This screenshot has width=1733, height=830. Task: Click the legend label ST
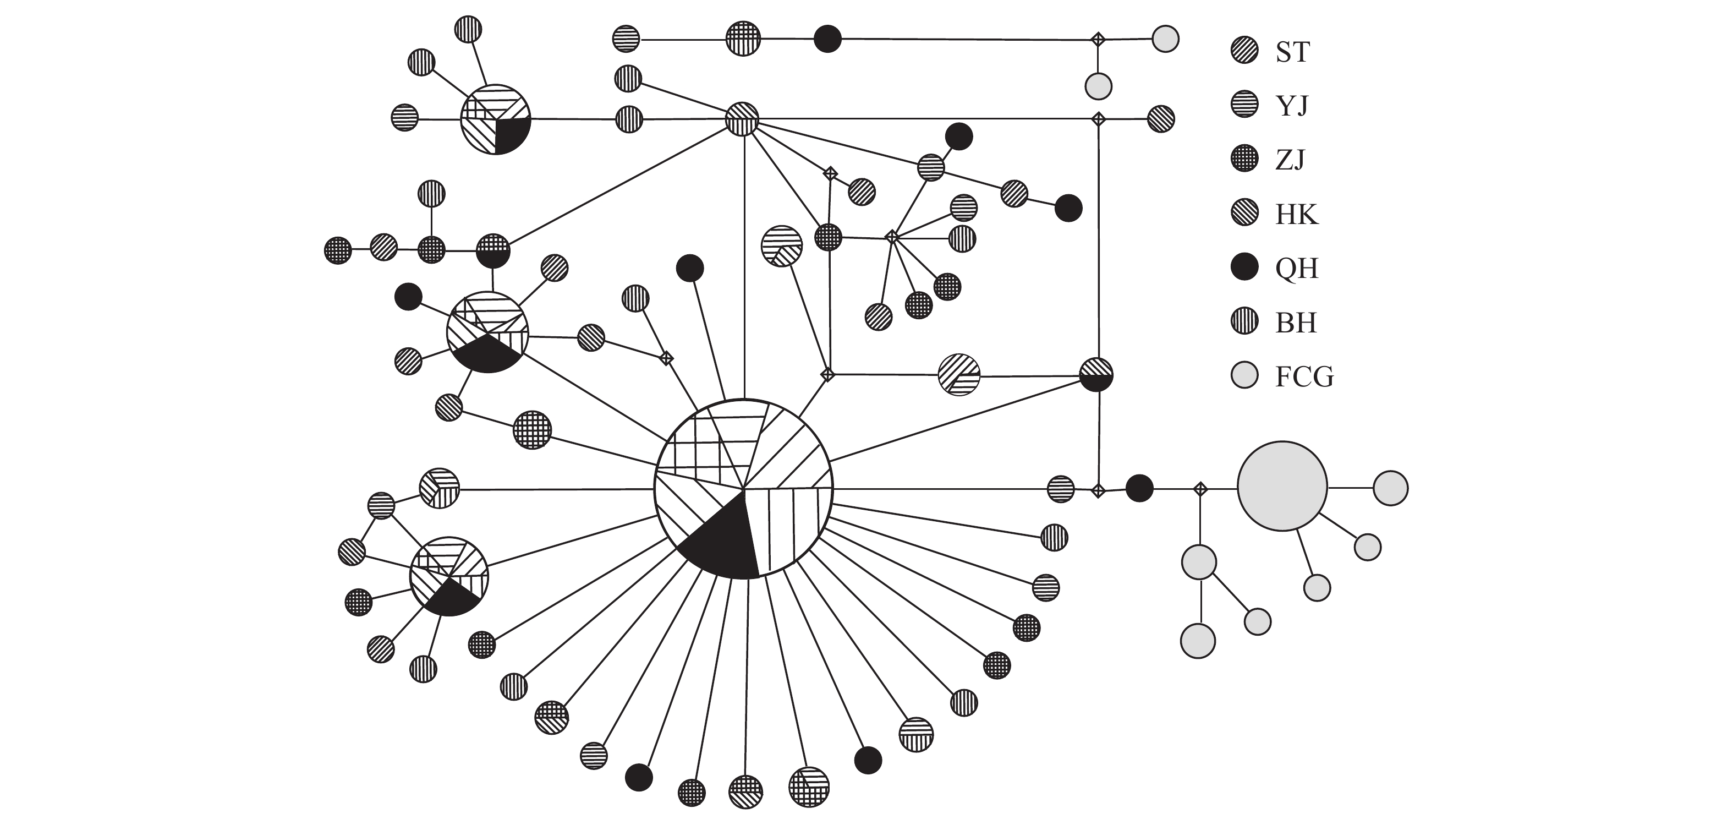[x=1292, y=52]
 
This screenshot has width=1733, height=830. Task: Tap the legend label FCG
[x=1304, y=376]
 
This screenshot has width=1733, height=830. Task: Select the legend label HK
[x=1296, y=215]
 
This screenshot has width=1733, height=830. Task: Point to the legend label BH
[x=1296, y=323]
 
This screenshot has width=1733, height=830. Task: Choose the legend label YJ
[x=1292, y=106]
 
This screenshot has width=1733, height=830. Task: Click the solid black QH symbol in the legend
[x=1244, y=267]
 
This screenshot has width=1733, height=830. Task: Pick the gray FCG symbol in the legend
[x=1244, y=375]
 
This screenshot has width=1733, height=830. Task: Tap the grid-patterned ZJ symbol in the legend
[x=1244, y=160]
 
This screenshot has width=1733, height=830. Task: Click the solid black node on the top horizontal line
[x=827, y=39]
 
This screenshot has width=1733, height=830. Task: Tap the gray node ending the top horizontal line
[x=1165, y=39]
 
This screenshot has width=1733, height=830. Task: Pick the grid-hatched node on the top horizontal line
[x=743, y=39]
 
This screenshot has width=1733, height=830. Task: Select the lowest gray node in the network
[x=1198, y=640]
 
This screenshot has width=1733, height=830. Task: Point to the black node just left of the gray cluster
[x=1139, y=488]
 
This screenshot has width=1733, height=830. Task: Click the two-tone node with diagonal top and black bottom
[x=1096, y=374]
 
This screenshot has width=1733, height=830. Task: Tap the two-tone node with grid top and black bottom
[x=493, y=251]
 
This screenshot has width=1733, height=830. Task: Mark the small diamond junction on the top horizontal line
[x=1098, y=40]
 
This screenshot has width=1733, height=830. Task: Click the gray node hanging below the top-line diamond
[x=1098, y=86]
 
